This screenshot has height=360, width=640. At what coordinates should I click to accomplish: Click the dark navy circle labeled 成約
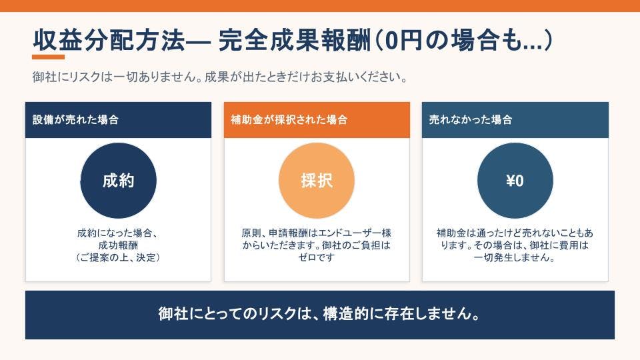pyautogui.click(x=119, y=181)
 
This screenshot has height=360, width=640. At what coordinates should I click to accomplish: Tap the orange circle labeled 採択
pyautogui.click(x=317, y=181)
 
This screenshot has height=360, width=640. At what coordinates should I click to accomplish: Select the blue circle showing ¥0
pyautogui.click(x=515, y=181)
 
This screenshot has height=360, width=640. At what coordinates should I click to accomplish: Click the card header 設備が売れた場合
pyautogui.click(x=119, y=119)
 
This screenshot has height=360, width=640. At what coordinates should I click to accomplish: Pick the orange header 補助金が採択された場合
pyautogui.click(x=317, y=119)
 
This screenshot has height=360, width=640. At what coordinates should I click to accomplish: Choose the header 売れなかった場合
pyautogui.click(x=515, y=119)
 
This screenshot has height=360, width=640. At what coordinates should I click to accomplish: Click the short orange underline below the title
pyautogui.click(x=48, y=57)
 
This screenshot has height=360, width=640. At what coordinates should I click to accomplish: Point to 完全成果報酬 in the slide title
pyautogui.click(x=294, y=41)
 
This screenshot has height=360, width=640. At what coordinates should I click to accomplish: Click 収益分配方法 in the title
pyautogui.click(x=109, y=41)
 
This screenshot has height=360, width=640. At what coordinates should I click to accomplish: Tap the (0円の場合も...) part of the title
pyautogui.click(x=463, y=41)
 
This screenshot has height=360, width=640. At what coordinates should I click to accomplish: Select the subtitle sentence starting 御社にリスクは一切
pyautogui.click(x=219, y=77)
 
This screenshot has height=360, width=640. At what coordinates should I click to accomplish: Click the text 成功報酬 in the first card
pyautogui.click(x=118, y=245)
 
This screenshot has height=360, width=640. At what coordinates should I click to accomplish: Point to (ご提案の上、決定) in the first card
pyautogui.click(x=118, y=257)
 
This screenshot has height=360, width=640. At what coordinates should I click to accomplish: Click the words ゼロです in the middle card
pyautogui.click(x=316, y=257)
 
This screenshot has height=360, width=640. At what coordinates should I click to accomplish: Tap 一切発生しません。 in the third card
pyautogui.click(x=515, y=257)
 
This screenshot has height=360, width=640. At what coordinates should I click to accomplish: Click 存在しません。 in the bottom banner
pyautogui.click(x=432, y=314)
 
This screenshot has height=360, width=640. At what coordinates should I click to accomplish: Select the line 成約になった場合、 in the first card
pyautogui.click(x=118, y=233)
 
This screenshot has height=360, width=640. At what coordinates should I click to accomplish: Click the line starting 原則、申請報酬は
pyautogui.click(x=316, y=233)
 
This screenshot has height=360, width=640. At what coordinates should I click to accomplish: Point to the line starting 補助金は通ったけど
pyautogui.click(x=515, y=233)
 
